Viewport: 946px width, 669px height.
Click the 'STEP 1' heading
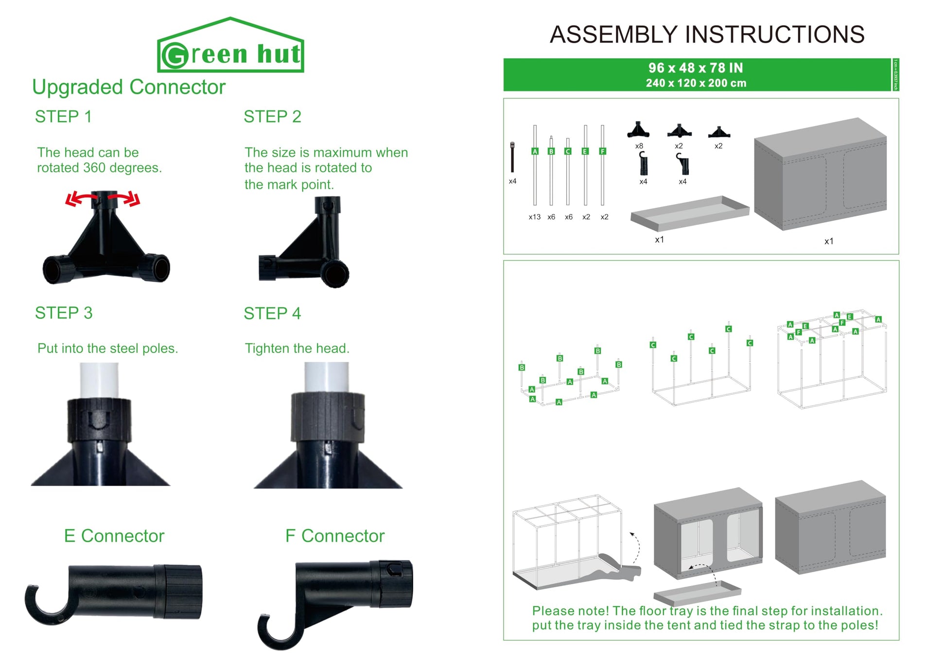tap(63, 117)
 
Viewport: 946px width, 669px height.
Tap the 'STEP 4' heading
tap(272, 314)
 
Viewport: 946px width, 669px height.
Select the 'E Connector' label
tap(114, 536)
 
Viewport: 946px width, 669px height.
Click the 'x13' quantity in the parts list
tap(534, 217)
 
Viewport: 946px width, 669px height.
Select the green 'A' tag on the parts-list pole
tap(535, 151)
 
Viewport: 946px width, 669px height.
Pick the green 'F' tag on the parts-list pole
tap(603, 151)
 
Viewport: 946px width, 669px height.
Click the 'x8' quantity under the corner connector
tap(639, 146)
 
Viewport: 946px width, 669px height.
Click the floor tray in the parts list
tap(689, 213)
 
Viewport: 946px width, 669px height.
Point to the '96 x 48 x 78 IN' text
tap(696, 68)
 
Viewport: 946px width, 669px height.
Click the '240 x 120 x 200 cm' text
tap(696, 83)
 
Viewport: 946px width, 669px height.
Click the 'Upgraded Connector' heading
tap(129, 88)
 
